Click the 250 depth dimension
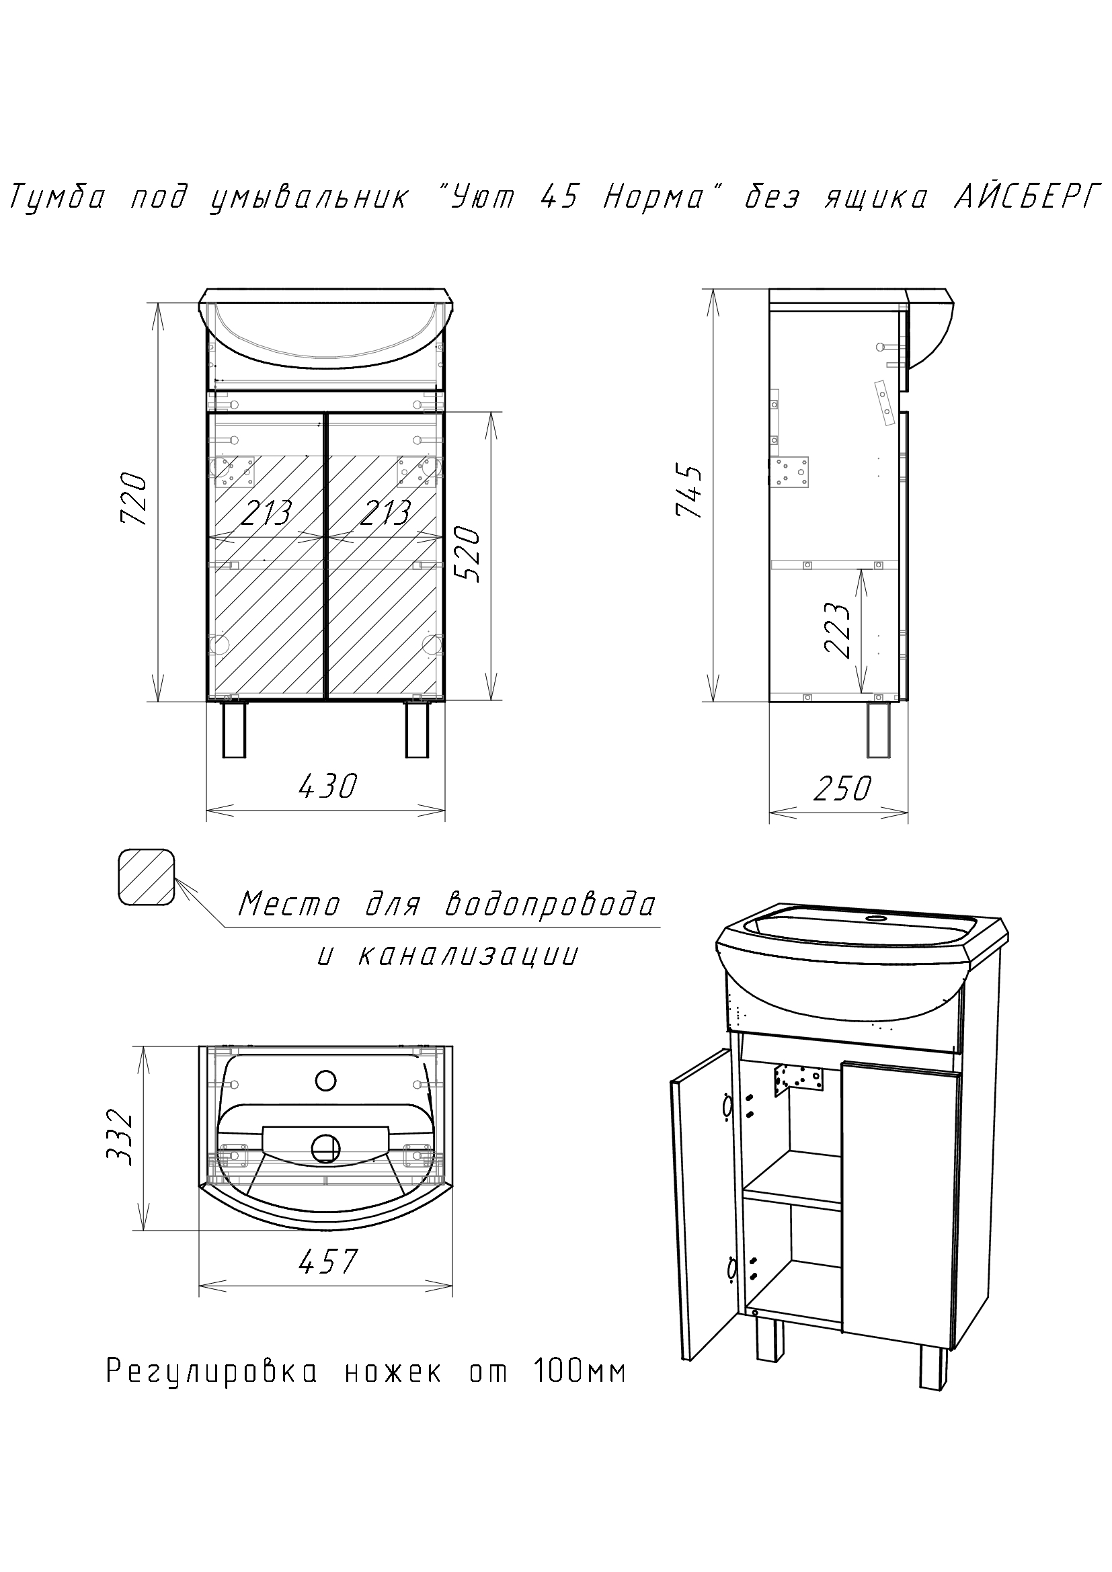[x=842, y=789]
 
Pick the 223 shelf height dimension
[x=838, y=630]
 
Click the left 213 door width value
[x=266, y=513]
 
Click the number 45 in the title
[x=558, y=198]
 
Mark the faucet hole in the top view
[x=326, y=1081]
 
